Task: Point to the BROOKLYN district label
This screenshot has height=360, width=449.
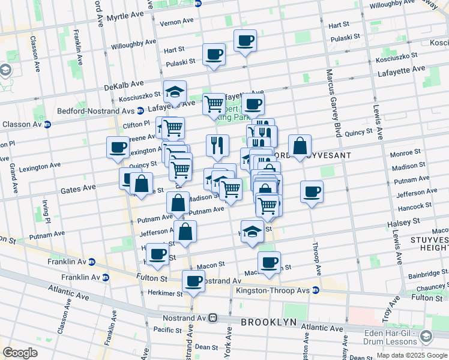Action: pyautogui.click(x=268, y=322)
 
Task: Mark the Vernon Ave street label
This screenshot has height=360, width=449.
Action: pyautogui.click(x=177, y=22)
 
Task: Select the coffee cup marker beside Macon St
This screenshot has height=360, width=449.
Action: pyautogui.click(x=269, y=262)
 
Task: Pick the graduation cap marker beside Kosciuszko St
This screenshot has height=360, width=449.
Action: pyautogui.click(x=175, y=92)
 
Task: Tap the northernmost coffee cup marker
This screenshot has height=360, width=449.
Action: pyautogui.click(x=245, y=41)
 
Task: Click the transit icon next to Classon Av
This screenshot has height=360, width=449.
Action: pyautogui.click(x=47, y=125)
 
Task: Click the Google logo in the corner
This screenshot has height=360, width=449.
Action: pyautogui.click(x=20, y=353)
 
